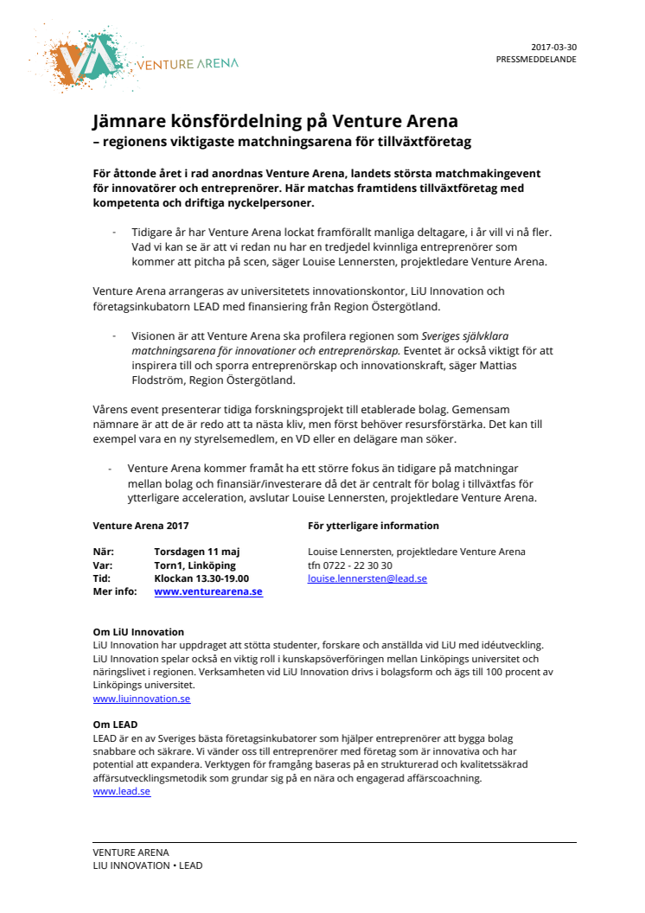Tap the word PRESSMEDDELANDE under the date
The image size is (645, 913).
coord(536,60)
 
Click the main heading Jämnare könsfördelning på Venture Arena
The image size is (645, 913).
coord(275,121)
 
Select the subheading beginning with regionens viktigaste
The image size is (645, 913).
coord(282,140)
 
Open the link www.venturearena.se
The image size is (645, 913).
coord(208,592)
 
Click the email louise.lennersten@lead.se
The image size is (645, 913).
coord(367,578)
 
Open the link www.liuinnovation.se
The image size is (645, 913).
coord(142,699)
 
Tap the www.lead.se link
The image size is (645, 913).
coord(121,791)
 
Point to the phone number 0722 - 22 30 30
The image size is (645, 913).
coord(361,565)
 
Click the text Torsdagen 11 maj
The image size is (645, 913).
coord(196,552)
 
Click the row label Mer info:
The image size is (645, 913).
coord(115,592)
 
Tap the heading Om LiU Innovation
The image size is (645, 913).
coord(138,632)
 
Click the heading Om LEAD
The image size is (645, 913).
coord(115,725)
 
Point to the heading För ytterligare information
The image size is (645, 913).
coord(373,526)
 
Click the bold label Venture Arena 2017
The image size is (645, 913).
coord(140,526)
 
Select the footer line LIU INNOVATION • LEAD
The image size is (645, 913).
coord(147,865)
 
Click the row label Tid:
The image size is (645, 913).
coord(102,578)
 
